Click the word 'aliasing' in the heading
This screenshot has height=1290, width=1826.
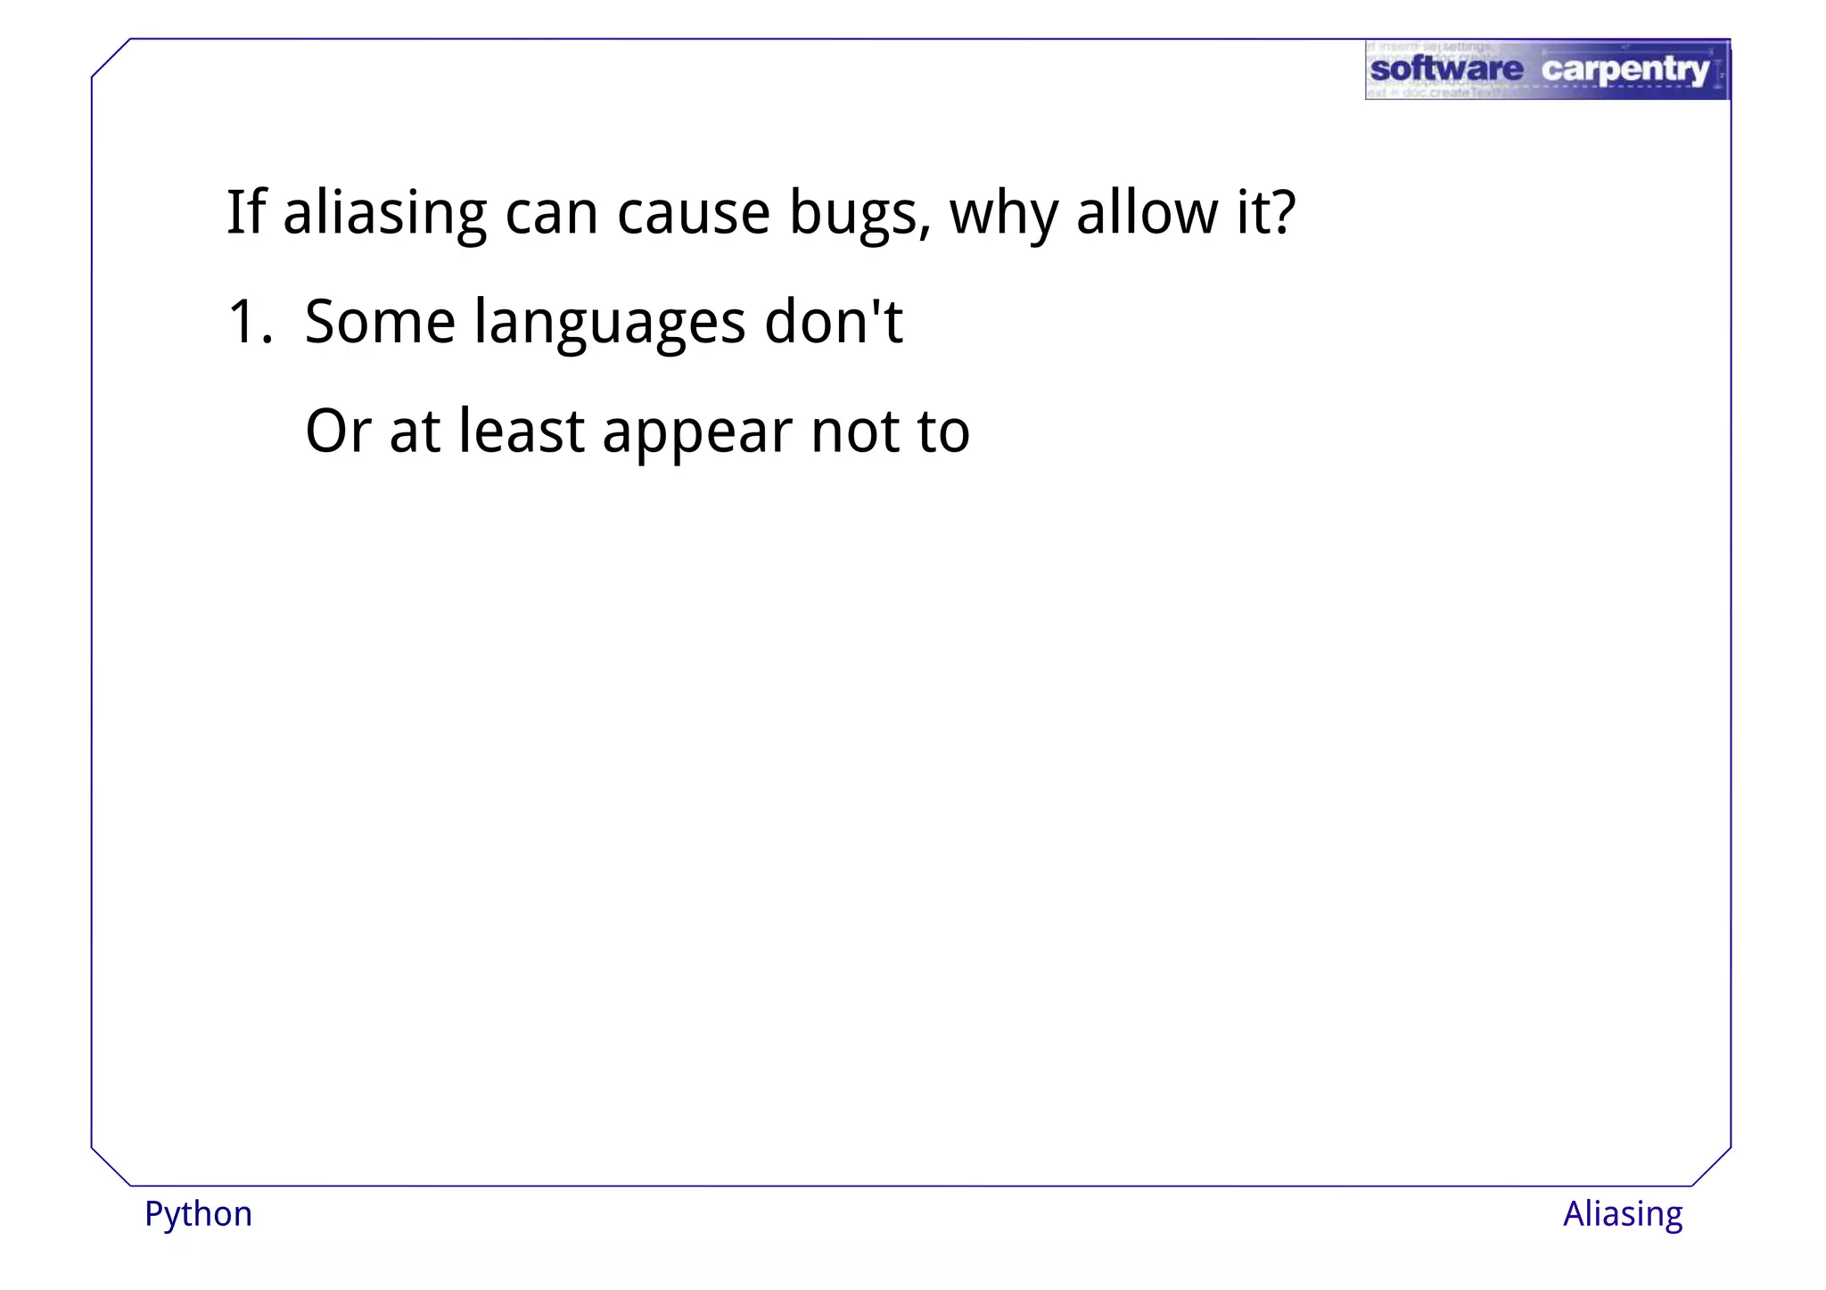384,214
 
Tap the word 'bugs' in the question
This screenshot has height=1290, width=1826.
860,214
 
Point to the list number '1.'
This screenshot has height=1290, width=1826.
250,322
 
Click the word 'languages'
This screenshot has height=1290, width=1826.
610,324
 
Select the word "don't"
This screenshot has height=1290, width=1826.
834,322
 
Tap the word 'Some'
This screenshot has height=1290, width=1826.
380,322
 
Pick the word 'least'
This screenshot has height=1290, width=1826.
522,431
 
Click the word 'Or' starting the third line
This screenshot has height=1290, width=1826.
338,431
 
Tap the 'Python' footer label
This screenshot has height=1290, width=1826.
199,1214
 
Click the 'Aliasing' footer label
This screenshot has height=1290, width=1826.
1622,1214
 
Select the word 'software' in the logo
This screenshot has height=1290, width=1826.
1446,69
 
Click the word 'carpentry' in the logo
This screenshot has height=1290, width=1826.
1624,70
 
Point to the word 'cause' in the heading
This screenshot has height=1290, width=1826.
694,214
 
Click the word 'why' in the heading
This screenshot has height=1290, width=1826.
1003,214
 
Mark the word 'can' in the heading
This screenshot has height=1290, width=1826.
551,214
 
